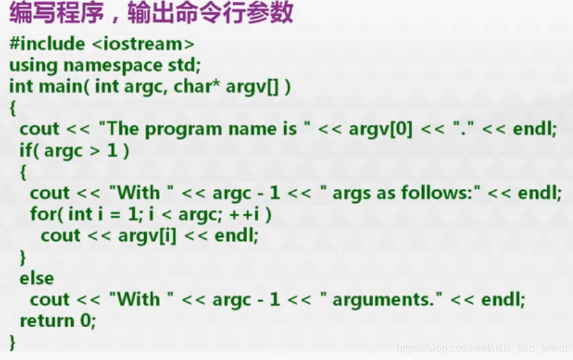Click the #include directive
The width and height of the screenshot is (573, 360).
(x=45, y=44)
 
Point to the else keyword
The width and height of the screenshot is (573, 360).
(x=37, y=278)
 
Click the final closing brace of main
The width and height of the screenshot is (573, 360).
(x=13, y=342)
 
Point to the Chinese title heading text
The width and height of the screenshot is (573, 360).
(x=151, y=14)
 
